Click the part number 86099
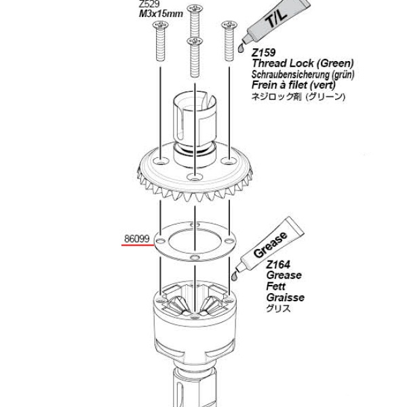[x=137, y=239]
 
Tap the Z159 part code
[x=263, y=53]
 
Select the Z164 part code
[x=278, y=265]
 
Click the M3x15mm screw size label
[x=161, y=14]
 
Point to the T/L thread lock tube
[x=277, y=21]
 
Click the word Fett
[x=275, y=286]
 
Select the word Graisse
[x=286, y=298]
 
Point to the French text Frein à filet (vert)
[x=294, y=85]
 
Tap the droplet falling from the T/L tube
[x=241, y=48]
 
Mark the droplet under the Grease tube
[x=235, y=276]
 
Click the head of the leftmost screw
[x=160, y=25]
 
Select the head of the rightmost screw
[x=229, y=24]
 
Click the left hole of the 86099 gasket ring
[x=160, y=241]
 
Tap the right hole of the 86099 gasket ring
[x=229, y=241]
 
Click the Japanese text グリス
[x=278, y=309]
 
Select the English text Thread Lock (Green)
[x=303, y=63]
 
